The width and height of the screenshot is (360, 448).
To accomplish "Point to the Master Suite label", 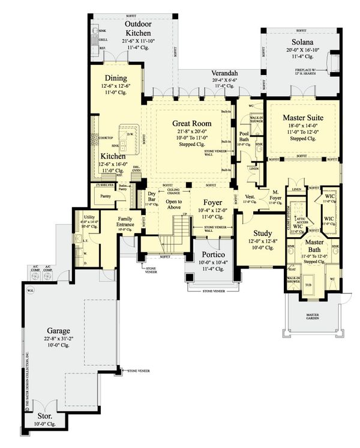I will [299, 112].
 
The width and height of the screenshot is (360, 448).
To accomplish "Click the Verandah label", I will [224, 72].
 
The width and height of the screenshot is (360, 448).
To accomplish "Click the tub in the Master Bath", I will [310, 285].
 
